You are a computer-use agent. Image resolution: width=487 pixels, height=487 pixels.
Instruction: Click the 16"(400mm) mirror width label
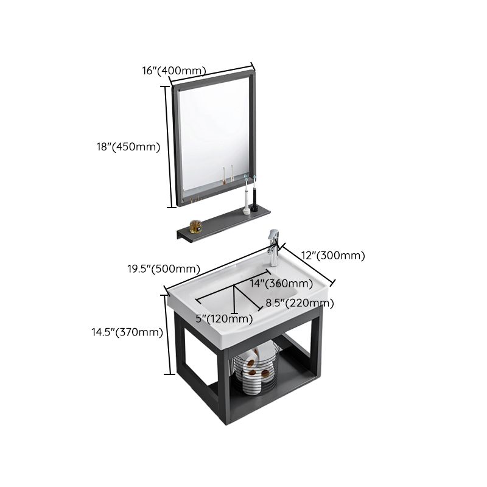[173, 71]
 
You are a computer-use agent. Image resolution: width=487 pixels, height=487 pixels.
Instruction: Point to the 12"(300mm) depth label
[332, 256]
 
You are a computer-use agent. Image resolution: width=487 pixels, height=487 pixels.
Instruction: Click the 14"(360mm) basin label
[281, 284]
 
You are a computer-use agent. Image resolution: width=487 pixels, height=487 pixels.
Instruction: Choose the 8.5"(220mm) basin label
[298, 303]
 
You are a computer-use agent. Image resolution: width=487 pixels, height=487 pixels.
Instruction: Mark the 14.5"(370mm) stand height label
[127, 332]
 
